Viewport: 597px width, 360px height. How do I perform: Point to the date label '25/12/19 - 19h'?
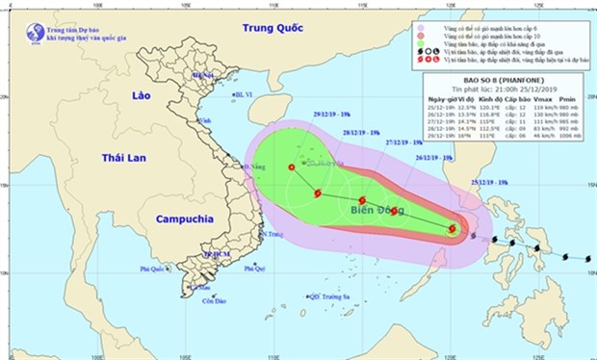tap(488, 180)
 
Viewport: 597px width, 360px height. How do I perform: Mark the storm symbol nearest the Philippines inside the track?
tap(452, 229)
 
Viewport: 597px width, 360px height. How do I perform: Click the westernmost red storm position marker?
tap(292, 167)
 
